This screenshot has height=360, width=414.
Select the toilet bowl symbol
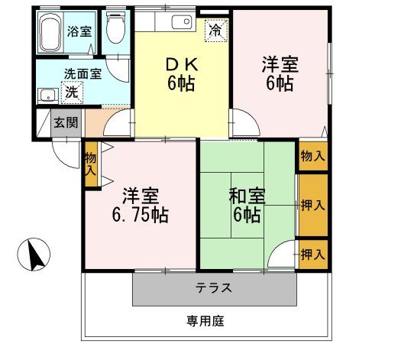click(x=116, y=30)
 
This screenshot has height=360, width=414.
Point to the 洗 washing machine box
click(x=71, y=92)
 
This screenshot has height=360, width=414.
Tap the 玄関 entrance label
click(x=64, y=122)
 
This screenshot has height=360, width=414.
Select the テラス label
click(x=214, y=288)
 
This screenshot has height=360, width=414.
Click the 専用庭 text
click(x=205, y=321)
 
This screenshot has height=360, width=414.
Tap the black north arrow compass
click(x=33, y=254)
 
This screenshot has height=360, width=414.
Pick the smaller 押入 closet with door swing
click(x=312, y=254)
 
